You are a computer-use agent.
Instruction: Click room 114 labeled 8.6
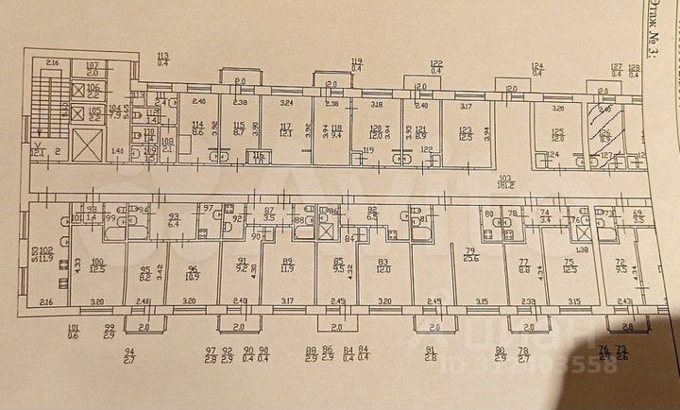click(x=198, y=129)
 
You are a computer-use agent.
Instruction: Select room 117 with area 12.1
click(x=285, y=129)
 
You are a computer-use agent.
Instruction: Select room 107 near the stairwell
click(x=92, y=68)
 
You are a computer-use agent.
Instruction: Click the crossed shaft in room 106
click(x=79, y=91)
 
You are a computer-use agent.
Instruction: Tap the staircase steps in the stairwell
click(x=43, y=104)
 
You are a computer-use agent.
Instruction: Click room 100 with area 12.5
click(x=96, y=268)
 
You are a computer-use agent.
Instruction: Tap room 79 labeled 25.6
click(x=470, y=253)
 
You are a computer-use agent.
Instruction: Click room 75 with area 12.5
click(x=569, y=268)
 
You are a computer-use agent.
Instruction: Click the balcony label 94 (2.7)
click(x=128, y=354)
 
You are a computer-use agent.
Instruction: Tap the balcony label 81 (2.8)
click(x=431, y=354)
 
